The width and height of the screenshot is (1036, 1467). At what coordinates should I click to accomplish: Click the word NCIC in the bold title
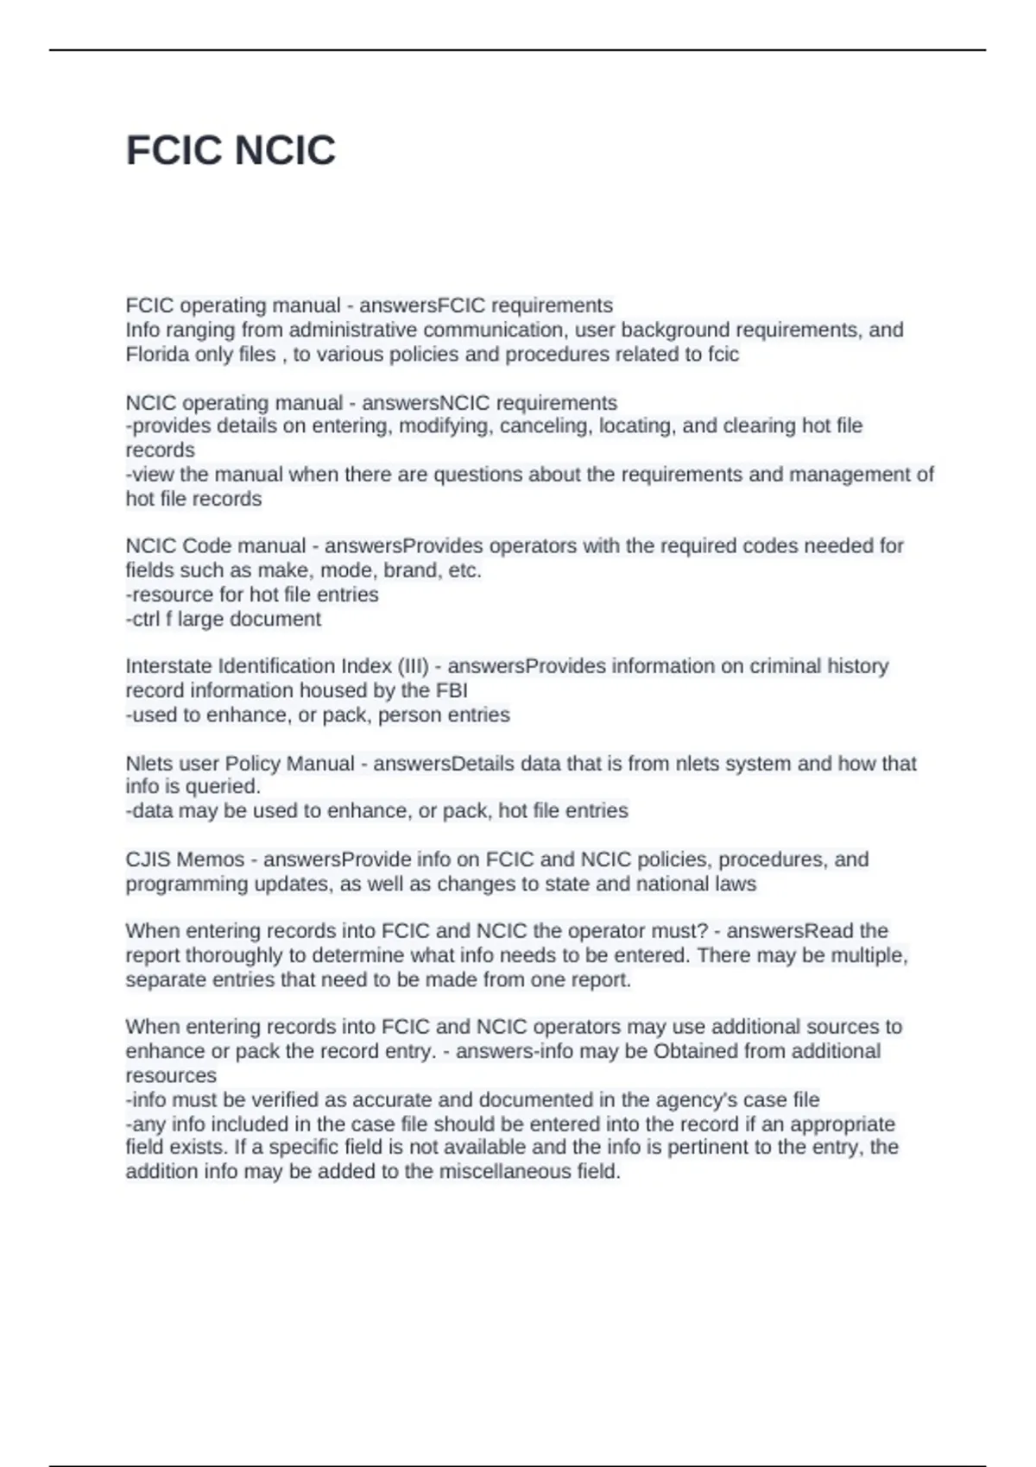(x=284, y=151)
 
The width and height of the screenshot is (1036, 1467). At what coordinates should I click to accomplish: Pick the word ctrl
(x=142, y=619)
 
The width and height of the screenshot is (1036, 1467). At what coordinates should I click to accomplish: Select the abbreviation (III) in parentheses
(x=413, y=666)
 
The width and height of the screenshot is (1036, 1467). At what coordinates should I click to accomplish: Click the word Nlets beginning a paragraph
(x=148, y=764)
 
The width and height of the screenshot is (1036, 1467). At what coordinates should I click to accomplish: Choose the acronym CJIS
(x=148, y=859)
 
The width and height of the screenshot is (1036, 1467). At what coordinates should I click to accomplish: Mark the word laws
(x=736, y=884)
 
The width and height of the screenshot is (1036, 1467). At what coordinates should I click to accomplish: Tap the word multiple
(x=869, y=955)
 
